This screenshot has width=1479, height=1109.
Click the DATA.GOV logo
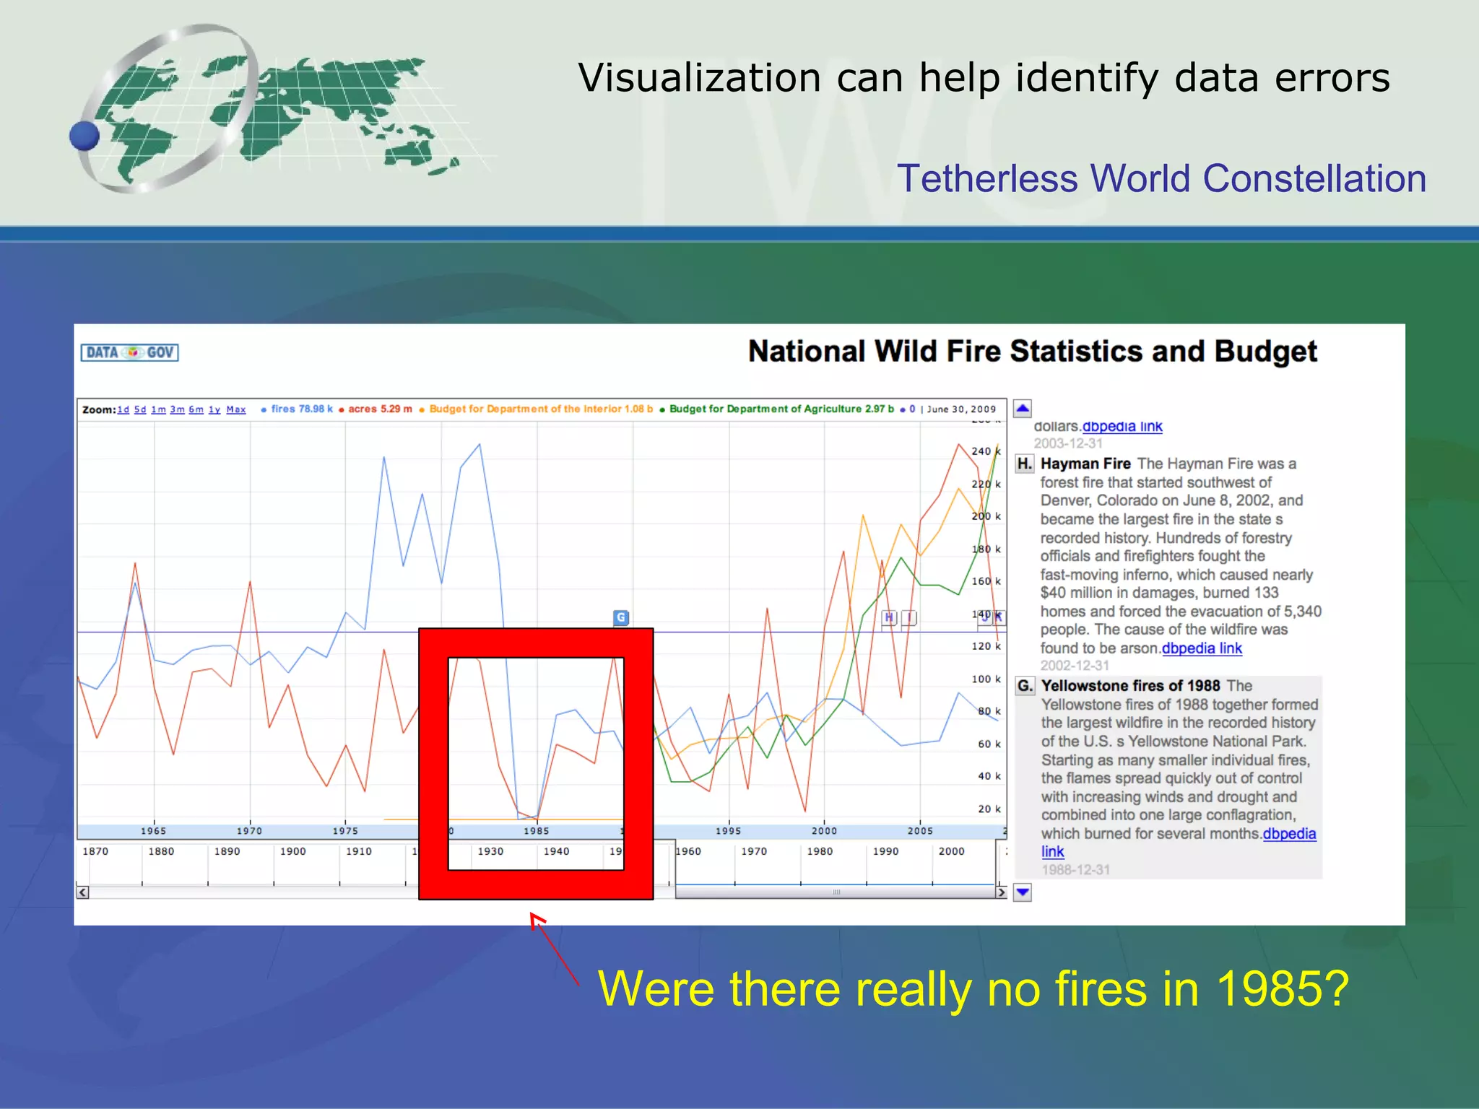[x=129, y=352]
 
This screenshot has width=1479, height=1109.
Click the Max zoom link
[x=235, y=409]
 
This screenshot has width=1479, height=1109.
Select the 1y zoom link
[x=214, y=409]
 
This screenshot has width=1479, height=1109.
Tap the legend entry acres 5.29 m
[x=376, y=409]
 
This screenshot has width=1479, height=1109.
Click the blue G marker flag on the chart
[x=621, y=617]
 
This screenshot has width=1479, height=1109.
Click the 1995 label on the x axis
[x=728, y=831]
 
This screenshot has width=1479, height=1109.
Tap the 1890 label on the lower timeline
[x=227, y=851]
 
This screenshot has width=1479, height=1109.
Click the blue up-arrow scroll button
[x=1023, y=409]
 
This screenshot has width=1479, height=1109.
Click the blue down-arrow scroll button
[x=1023, y=892]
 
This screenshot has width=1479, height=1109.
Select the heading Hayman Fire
[x=1085, y=464]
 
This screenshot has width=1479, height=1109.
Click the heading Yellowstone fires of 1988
[x=1130, y=685]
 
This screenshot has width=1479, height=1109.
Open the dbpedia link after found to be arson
[x=1202, y=648]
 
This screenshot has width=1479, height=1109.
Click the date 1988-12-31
[x=1075, y=870]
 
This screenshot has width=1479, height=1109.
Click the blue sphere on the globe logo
[x=84, y=136]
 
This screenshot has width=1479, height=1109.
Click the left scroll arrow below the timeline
[x=83, y=892]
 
